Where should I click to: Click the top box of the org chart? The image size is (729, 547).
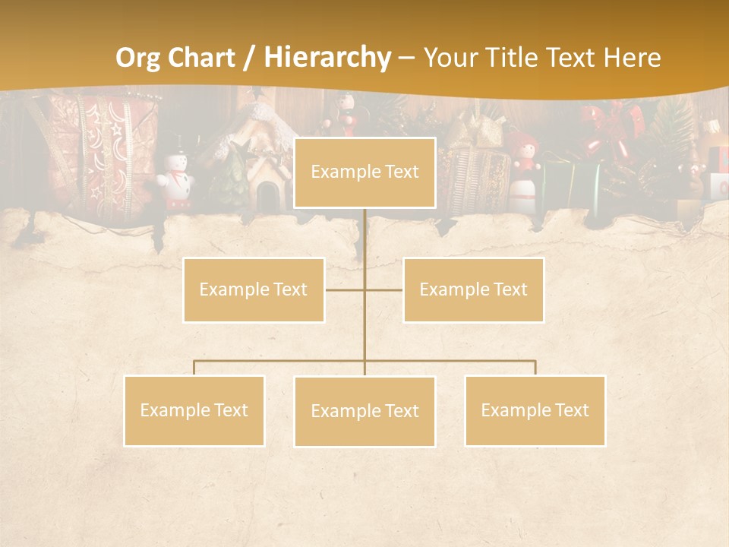364,172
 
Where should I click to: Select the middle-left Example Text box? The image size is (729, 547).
254,289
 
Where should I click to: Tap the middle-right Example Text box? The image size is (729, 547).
473,289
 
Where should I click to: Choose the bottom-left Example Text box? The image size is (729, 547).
194,410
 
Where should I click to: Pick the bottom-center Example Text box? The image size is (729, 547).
364,411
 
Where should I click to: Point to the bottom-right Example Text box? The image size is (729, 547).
535,410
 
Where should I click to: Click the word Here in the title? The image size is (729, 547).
632,58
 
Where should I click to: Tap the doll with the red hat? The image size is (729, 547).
523,171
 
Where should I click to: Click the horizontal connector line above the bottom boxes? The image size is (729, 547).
456,361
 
